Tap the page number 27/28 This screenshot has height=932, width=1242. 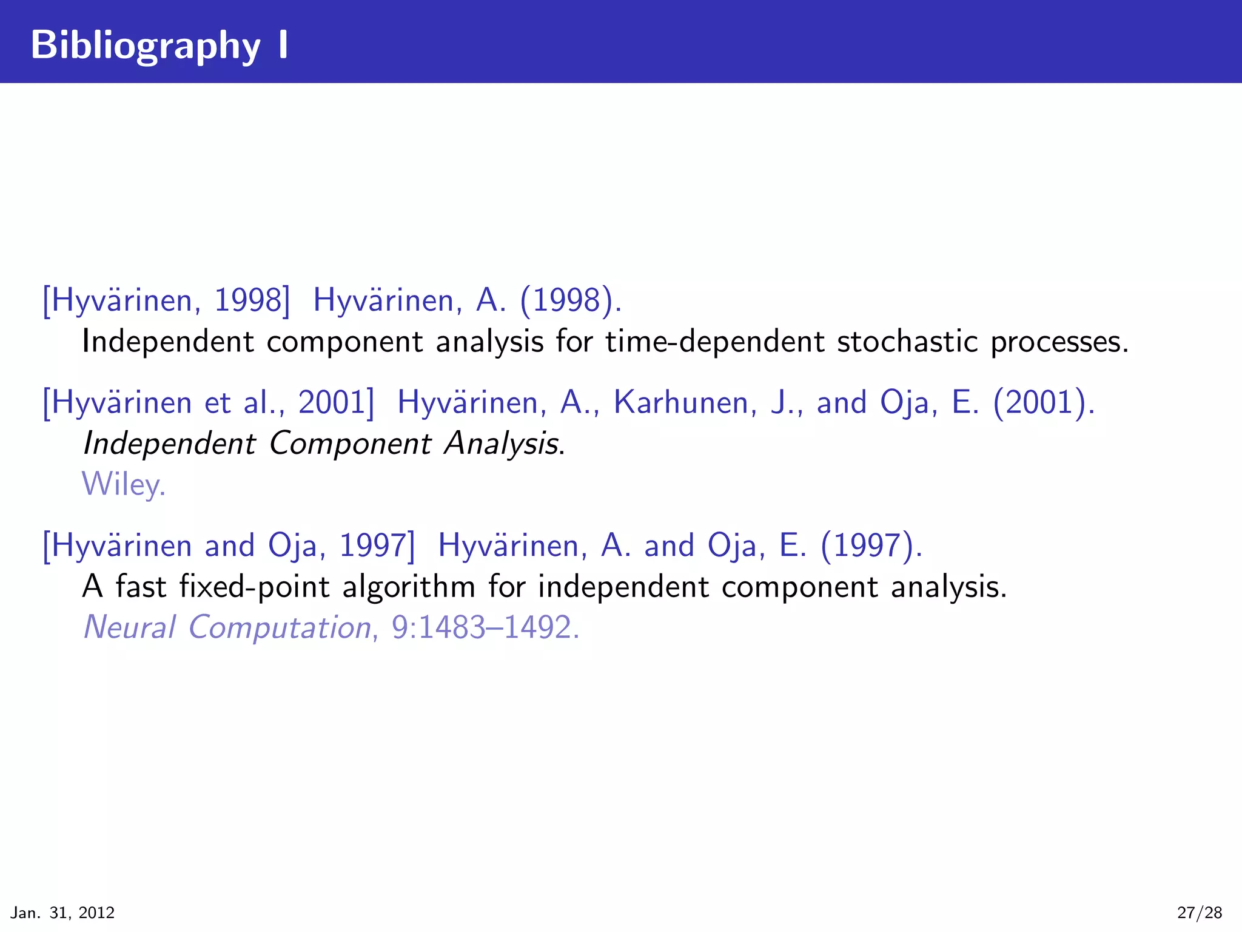[x=1200, y=913]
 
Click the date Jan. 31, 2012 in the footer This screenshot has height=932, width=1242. [x=63, y=913]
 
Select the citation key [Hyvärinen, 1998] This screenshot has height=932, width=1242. [x=166, y=300]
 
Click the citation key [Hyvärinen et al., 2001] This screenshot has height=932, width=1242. [x=209, y=402]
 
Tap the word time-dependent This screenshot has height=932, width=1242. [x=715, y=341]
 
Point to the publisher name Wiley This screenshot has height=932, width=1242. [x=124, y=485]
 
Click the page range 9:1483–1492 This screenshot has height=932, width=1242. [x=485, y=627]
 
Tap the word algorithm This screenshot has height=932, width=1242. [x=409, y=587]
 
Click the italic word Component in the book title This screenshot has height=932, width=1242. [x=350, y=444]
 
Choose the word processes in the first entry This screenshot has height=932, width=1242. [x=1059, y=342]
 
